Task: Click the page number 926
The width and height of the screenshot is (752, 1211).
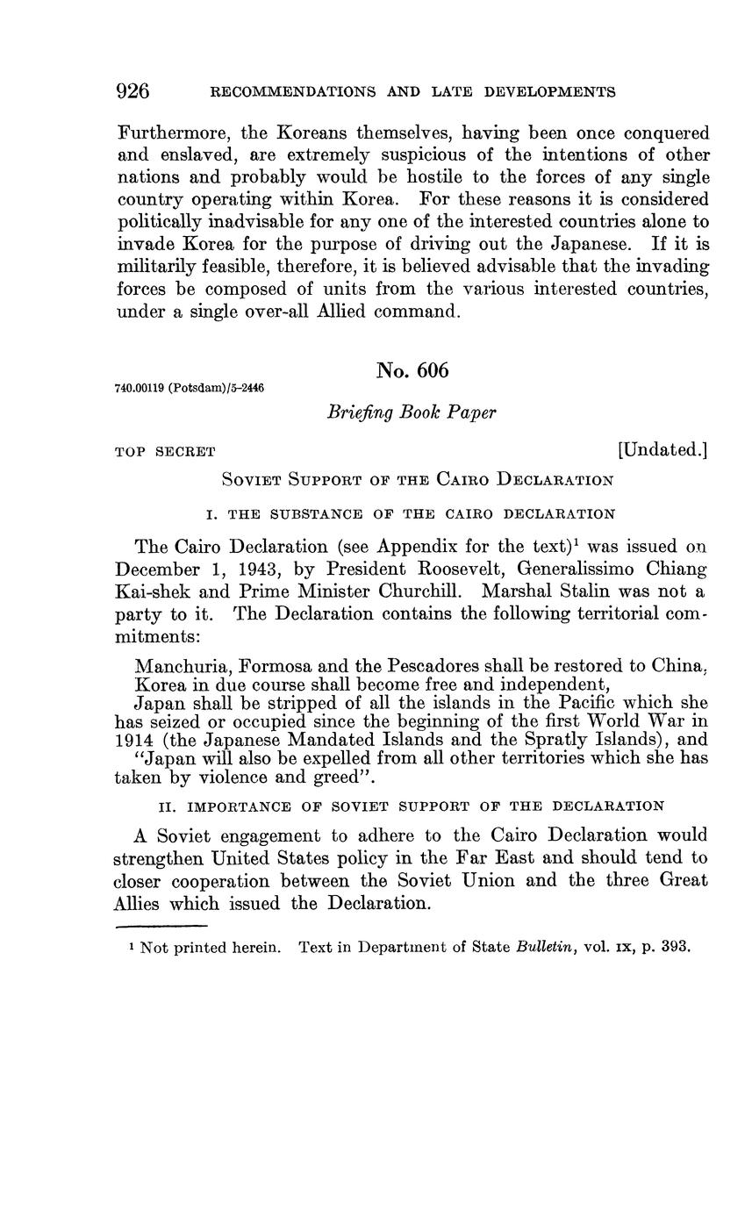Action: pos(132,91)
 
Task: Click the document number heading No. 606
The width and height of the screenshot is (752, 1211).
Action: pos(412,370)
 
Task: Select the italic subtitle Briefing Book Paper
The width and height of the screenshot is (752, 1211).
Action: pos(412,412)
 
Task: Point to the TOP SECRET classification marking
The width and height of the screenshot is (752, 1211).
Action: pos(165,452)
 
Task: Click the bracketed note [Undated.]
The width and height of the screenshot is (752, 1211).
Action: pos(662,450)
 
